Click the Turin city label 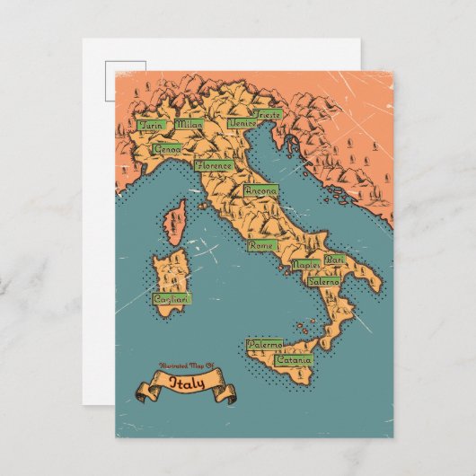coord(149,126)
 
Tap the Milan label coord(190,126)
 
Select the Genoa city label coord(167,148)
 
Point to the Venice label coord(242,122)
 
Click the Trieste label coord(267,115)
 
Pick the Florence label coord(214,166)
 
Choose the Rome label coord(261,245)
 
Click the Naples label coord(306,266)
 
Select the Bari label coord(334,260)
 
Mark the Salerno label coord(324,281)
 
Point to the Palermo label coord(265,344)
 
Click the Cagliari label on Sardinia coord(171,298)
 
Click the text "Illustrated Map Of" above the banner coord(187,366)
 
